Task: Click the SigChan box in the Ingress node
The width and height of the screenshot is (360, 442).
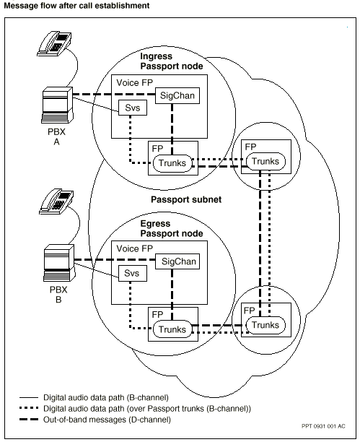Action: click(x=177, y=95)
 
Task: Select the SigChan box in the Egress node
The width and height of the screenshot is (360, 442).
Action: click(x=177, y=261)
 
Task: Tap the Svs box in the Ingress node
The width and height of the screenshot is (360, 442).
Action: click(x=133, y=108)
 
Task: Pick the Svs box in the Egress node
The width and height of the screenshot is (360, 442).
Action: click(x=133, y=273)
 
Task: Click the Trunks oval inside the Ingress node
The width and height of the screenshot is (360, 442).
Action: click(x=172, y=163)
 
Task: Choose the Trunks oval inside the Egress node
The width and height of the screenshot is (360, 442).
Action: click(x=172, y=329)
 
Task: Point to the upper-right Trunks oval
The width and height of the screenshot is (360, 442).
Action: click(x=265, y=162)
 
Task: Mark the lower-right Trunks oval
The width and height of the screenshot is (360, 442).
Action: click(x=265, y=325)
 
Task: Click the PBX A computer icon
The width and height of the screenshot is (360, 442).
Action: click(x=57, y=105)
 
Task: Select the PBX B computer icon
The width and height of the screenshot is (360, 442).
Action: click(x=59, y=263)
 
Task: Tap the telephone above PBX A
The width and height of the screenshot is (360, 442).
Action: click(x=54, y=43)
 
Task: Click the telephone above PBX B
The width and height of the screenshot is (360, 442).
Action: click(x=56, y=201)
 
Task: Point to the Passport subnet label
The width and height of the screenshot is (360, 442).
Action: click(x=186, y=199)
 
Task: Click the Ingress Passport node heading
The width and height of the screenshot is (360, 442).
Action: click(x=172, y=61)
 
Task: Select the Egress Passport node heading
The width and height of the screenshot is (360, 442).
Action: click(x=172, y=229)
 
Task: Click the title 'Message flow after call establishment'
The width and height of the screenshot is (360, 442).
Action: click(x=76, y=5)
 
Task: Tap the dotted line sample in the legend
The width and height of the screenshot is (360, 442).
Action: click(x=29, y=408)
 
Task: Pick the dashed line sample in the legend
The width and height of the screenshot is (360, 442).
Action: click(x=29, y=420)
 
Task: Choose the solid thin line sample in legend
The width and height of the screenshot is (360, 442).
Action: click(x=29, y=397)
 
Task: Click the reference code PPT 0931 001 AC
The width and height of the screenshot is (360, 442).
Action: click(x=323, y=426)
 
